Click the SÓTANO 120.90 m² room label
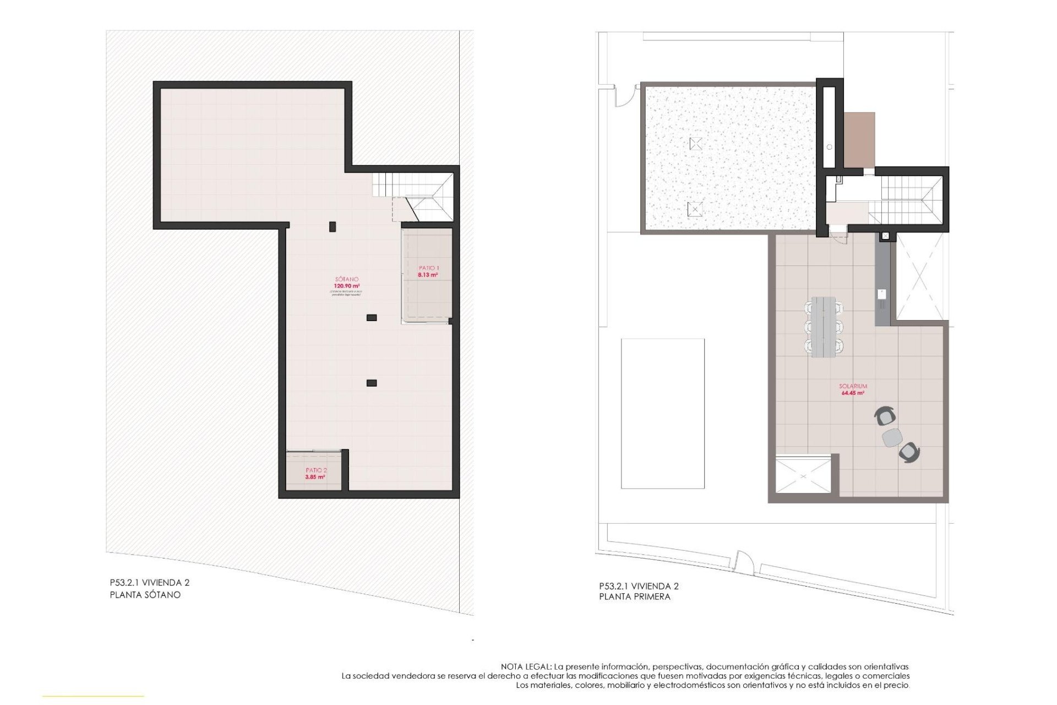[346, 283]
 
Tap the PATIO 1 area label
[428, 272]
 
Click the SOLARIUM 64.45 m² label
[853, 390]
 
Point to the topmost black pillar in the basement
[332, 226]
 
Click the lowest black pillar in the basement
[372, 383]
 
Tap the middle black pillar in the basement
[372, 318]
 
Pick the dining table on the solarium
[824, 327]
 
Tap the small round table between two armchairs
[892, 438]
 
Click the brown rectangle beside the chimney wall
[859, 140]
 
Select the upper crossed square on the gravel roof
[696, 144]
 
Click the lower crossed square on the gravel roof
[695, 209]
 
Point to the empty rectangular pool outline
[662, 413]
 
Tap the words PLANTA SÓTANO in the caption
[145, 595]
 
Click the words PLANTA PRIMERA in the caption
[635, 596]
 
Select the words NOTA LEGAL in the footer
[526, 666]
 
